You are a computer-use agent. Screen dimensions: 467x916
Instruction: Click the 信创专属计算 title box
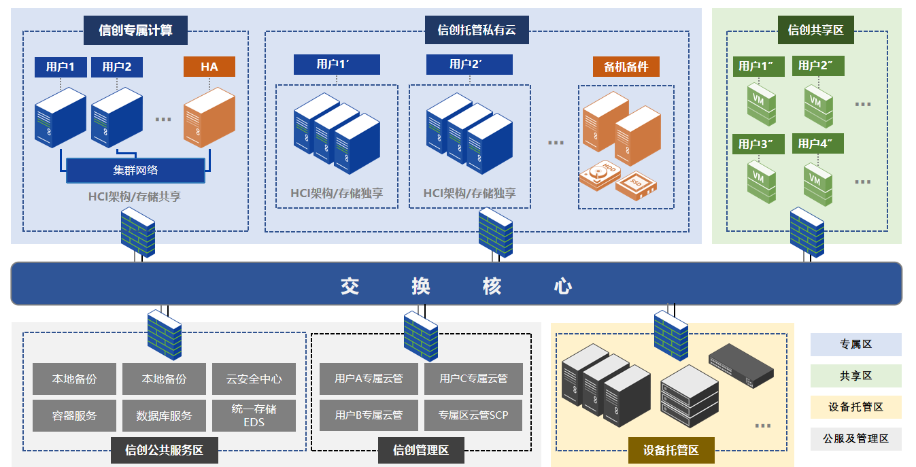(135, 30)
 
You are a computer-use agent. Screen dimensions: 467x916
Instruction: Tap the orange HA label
(209, 67)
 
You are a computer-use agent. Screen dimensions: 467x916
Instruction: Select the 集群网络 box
(135, 170)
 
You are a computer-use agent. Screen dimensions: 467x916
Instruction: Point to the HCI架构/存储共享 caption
(135, 196)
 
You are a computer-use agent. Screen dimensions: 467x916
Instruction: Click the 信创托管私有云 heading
(477, 30)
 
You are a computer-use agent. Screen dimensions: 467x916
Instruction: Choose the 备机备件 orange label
(626, 67)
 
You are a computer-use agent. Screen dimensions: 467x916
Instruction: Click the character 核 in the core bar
(492, 286)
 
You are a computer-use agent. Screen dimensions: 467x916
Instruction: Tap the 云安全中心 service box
(254, 379)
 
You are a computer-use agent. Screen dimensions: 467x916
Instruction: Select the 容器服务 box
(74, 415)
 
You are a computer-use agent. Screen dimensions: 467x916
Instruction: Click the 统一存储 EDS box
(254, 415)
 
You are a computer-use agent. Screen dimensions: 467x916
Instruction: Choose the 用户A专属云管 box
(369, 379)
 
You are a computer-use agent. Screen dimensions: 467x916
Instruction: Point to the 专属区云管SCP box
(473, 415)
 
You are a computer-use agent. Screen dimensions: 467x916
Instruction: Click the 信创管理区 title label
(421, 450)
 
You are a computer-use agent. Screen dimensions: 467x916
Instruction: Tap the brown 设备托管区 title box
(671, 450)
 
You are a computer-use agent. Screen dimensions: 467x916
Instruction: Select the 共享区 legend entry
(855, 376)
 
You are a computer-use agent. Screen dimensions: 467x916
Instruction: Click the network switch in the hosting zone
(741, 363)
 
